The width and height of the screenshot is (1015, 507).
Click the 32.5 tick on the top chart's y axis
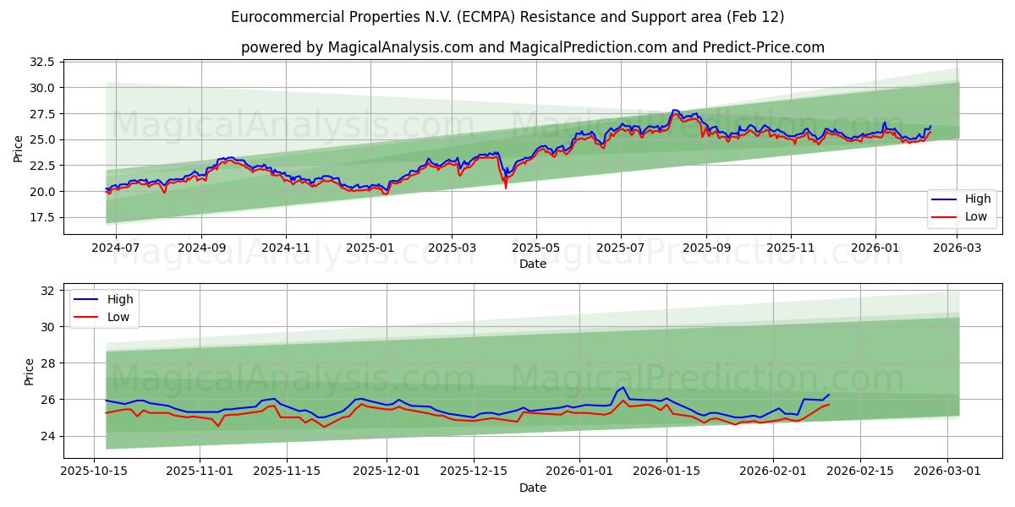click(x=41, y=63)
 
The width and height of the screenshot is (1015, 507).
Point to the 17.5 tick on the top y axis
click(x=41, y=217)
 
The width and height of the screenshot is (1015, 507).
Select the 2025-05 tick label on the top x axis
click(x=535, y=248)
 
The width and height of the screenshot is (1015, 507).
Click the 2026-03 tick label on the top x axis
click(x=957, y=248)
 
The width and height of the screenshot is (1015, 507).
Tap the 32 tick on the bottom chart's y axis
click(x=47, y=291)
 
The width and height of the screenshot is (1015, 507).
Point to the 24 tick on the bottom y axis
click(x=47, y=436)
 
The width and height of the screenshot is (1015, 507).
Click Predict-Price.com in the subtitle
click(x=764, y=47)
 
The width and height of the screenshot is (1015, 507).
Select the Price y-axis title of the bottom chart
click(x=30, y=371)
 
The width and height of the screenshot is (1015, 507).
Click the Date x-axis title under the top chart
click(x=533, y=264)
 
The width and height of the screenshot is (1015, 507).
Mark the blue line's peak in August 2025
click(x=674, y=110)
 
